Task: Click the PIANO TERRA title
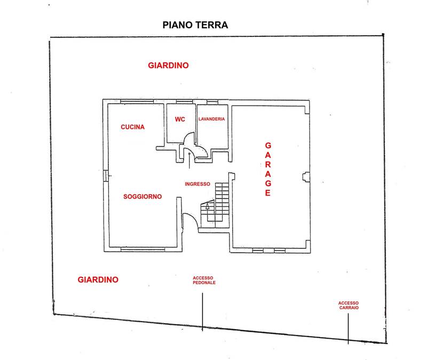[195, 25]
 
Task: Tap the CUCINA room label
[132, 127]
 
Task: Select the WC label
[180, 119]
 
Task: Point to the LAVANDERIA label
[211, 119]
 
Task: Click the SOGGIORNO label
[143, 197]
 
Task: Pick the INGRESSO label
[197, 184]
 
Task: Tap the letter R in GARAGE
[268, 165]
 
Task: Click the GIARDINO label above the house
[168, 65]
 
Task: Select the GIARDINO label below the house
[98, 279]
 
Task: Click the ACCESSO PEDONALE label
[204, 280]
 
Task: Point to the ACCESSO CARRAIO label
[349, 305]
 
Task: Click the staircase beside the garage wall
[215, 205]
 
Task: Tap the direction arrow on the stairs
[208, 206]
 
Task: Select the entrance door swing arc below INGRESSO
[191, 220]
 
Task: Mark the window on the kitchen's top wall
[137, 101]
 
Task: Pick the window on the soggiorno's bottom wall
[143, 249]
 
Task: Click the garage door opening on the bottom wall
[268, 251]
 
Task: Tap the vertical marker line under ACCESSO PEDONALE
[202, 312]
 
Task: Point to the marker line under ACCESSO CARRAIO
[348, 328]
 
